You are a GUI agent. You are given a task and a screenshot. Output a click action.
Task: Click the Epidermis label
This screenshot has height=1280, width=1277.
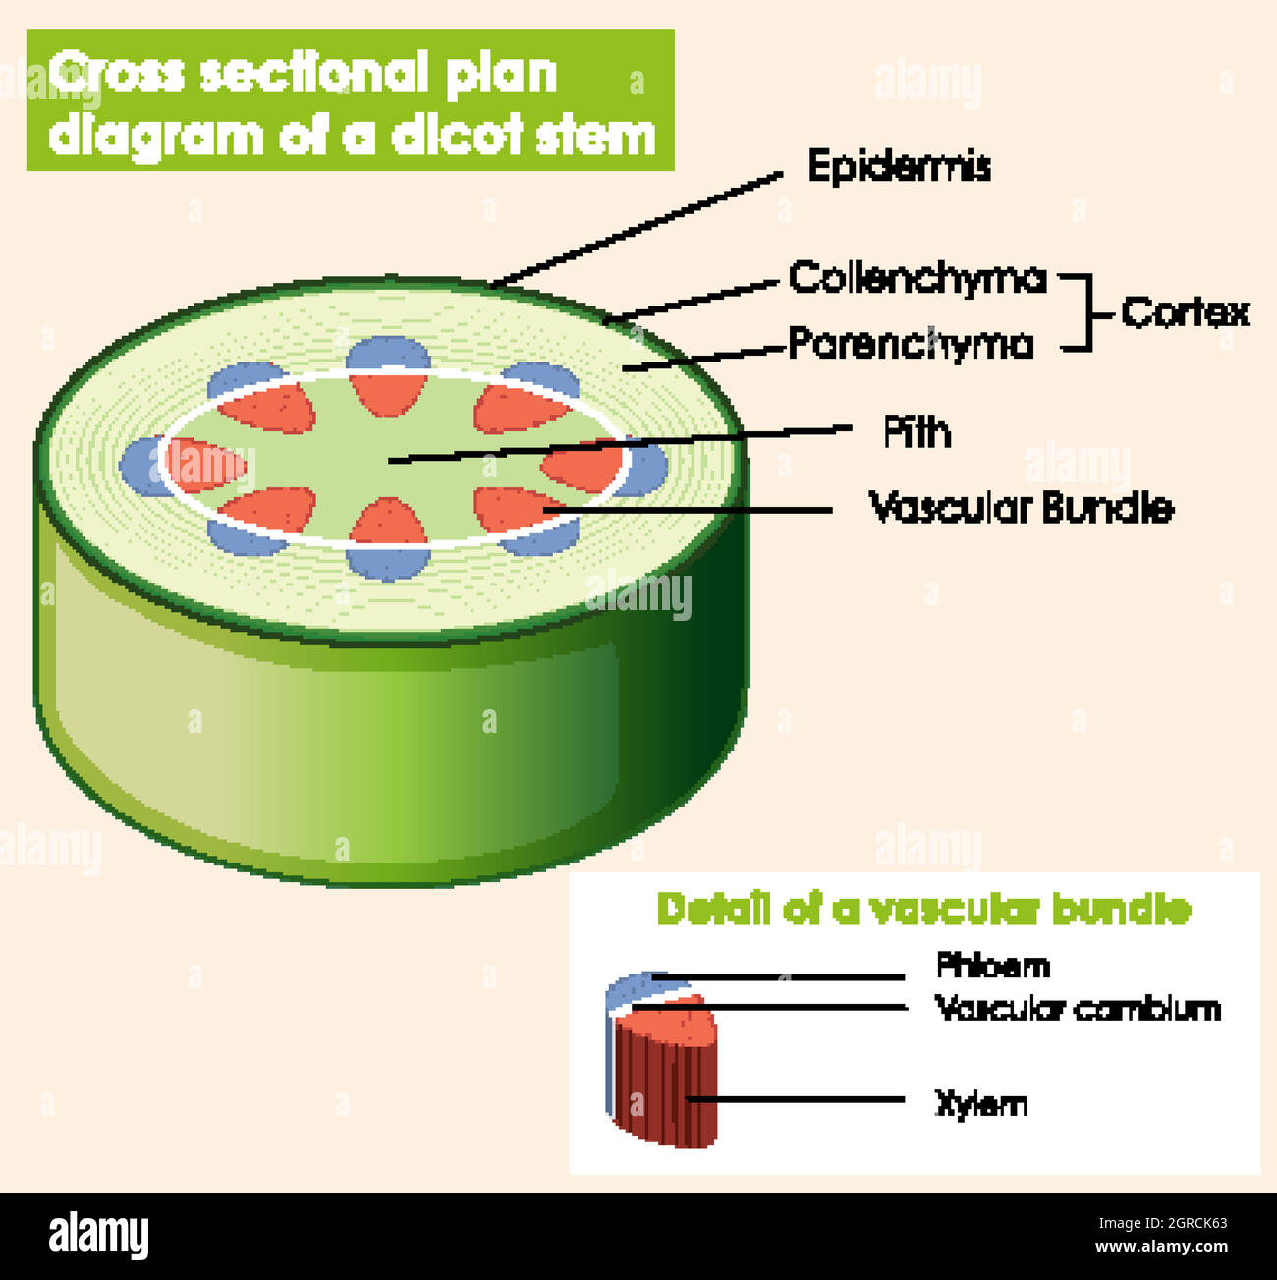click(899, 166)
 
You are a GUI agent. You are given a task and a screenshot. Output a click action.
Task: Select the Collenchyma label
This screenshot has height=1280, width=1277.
click(917, 278)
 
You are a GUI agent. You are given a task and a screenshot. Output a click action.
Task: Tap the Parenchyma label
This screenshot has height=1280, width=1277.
click(911, 344)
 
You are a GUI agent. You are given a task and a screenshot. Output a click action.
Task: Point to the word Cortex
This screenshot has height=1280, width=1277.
click(1186, 312)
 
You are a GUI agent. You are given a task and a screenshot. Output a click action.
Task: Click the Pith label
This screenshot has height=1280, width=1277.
click(917, 432)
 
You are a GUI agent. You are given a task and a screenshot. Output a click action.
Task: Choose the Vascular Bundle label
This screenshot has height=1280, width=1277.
click(1022, 508)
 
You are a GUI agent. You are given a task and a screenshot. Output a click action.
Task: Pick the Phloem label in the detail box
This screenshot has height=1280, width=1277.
click(993, 965)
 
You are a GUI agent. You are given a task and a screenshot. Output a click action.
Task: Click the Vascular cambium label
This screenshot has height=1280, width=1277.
click(1078, 1008)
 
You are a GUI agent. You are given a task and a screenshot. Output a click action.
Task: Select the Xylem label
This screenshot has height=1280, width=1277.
click(980, 1104)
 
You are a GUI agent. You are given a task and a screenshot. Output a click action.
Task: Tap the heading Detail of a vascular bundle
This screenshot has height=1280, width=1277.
click(923, 910)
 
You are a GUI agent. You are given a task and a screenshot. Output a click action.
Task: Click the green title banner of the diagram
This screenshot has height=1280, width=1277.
click(350, 100)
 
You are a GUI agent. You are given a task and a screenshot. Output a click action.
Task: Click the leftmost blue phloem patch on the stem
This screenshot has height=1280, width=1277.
click(139, 466)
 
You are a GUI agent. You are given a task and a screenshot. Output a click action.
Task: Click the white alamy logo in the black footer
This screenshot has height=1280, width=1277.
click(99, 1236)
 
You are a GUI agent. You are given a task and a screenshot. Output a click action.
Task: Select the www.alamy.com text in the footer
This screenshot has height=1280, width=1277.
click(1161, 1247)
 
